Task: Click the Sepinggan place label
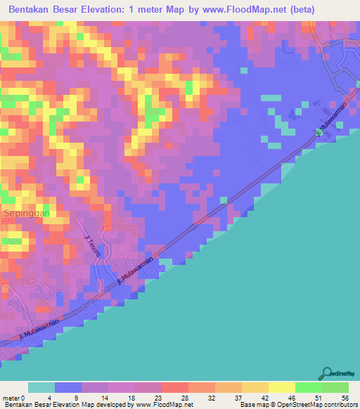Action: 25,212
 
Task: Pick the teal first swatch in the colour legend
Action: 41,387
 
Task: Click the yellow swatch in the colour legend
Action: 281,387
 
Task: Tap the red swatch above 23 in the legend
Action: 174,387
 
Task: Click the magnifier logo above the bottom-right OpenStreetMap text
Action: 326,374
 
